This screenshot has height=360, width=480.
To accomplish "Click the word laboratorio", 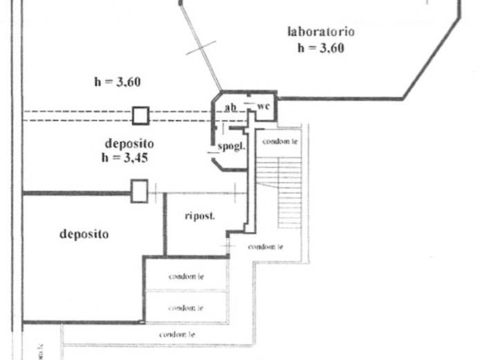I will (322, 32).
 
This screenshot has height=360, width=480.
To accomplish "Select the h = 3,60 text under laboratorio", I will (322, 48).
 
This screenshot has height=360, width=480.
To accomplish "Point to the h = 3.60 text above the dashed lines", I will (118, 82).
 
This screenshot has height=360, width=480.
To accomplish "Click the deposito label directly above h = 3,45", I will (129, 143).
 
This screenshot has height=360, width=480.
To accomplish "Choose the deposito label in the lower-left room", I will (84, 234).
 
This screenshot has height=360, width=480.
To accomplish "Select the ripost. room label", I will (200, 216).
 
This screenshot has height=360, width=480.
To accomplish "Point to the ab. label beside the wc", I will (232, 107).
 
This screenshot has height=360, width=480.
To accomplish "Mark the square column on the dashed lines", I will (141, 114).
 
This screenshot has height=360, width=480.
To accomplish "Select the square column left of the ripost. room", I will (139, 190).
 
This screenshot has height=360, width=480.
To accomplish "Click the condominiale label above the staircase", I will (279, 141).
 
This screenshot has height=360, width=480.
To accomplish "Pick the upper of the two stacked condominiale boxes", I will (185, 276).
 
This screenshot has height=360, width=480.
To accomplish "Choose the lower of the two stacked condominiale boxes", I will (185, 307).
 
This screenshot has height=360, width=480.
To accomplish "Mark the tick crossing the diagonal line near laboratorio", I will (201, 48).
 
